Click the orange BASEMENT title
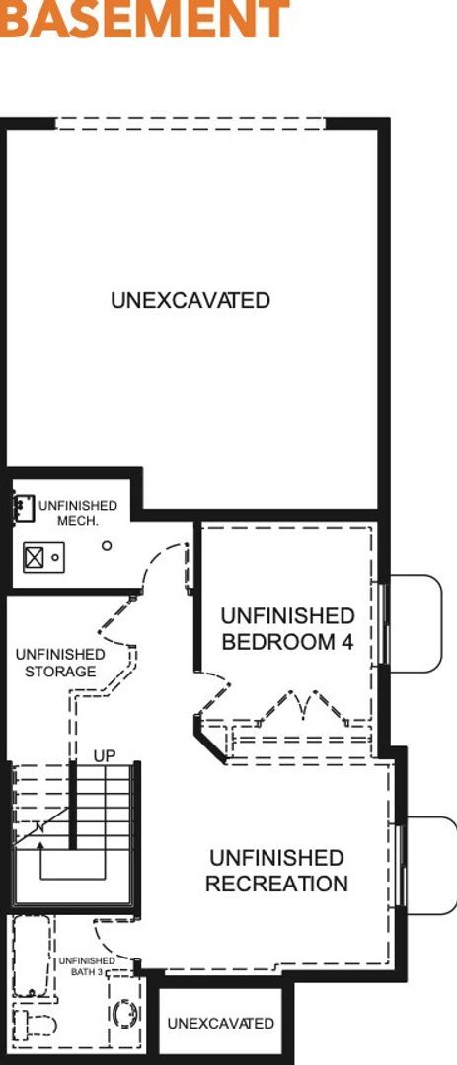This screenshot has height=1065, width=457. pyautogui.click(x=144, y=19)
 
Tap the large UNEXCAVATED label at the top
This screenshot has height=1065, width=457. pyautogui.click(x=190, y=300)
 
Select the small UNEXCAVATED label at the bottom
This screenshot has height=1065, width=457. pyautogui.click(x=220, y=1023)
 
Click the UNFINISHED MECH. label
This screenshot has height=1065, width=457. pyautogui.click(x=77, y=513)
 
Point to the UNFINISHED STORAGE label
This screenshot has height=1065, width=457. pyautogui.click(x=60, y=663)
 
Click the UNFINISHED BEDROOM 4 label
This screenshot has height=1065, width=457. pyautogui.click(x=287, y=629)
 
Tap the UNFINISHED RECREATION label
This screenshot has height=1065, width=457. pyautogui.click(x=276, y=871)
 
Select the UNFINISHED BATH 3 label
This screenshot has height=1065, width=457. pyautogui.click(x=86, y=966)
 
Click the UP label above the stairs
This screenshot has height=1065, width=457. pyautogui.click(x=105, y=755)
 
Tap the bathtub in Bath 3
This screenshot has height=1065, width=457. pyautogui.click(x=29, y=957)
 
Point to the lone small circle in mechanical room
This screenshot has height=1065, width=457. pyautogui.click(x=107, y=545)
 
